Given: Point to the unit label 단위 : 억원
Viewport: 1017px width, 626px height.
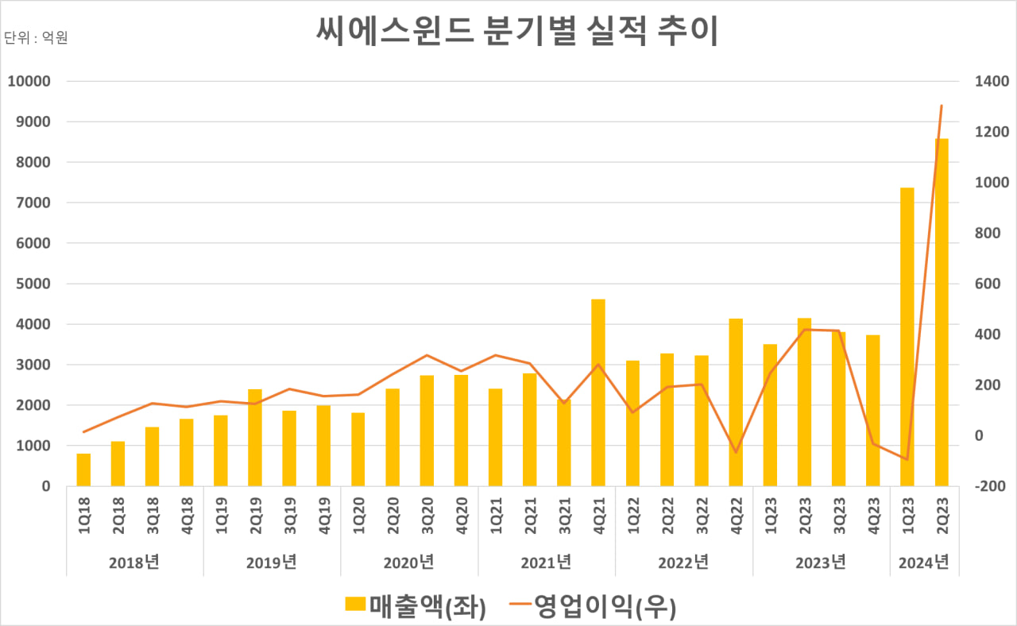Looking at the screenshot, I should click(x=37, y=38).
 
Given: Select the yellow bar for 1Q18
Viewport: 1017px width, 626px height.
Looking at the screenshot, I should click(x=83, y=469).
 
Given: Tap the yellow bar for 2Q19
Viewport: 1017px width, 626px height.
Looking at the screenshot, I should click(x=255, y=437).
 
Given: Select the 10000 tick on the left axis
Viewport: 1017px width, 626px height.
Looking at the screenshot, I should click(x=29, y=81).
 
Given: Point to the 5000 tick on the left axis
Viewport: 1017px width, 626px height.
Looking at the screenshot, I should click(x=33, y=284).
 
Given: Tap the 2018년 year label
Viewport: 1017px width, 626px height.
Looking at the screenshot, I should click(x=134, y=562).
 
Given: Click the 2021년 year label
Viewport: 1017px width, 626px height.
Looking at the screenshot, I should click(x=547, y=562).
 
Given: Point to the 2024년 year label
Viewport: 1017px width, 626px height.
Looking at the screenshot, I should click(x=924, y=562).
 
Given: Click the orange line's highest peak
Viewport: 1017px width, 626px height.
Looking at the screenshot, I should click(x=942, y=106).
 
